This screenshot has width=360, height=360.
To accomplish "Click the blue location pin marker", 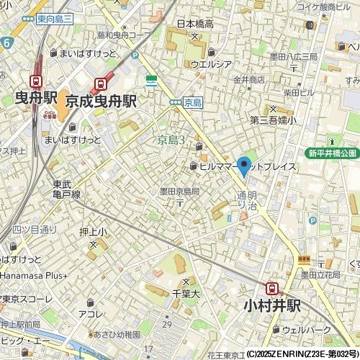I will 244,166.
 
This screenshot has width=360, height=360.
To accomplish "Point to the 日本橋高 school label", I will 195,24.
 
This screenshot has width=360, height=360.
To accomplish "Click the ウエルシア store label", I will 211,63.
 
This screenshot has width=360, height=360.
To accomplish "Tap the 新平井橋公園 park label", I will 332,153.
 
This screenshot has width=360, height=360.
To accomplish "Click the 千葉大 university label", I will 185,292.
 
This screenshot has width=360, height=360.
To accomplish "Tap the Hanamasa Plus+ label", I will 34,275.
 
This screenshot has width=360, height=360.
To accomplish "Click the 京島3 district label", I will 172,140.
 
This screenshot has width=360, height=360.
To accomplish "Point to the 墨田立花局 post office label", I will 320,274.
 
